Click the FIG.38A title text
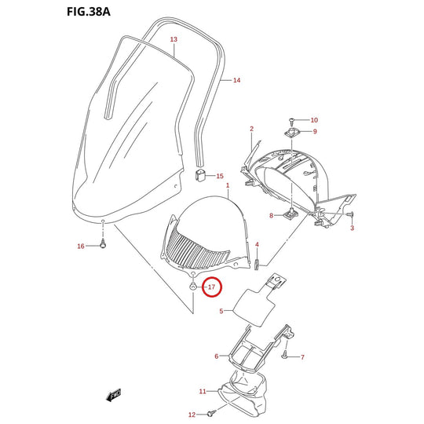[89, 12]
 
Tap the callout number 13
[174, 39]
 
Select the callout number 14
[236, 80]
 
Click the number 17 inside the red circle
[211, 287]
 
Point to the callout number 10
[314, 120]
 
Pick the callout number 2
[251, 129]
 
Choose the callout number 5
[221, 311]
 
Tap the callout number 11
[203, 391]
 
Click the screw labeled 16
[103, 245]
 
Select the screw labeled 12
[211, 413]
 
